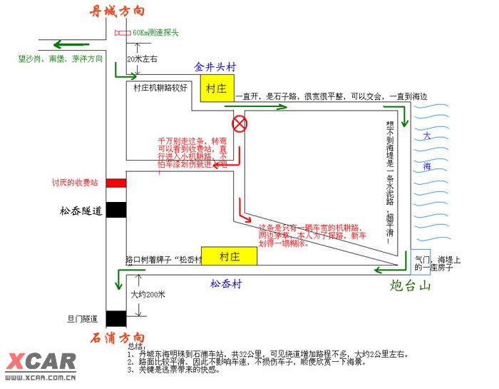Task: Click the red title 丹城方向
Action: point(118,11)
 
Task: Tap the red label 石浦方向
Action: point(118,338)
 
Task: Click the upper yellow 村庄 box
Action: point(216,89)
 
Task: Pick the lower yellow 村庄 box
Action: point(229,256)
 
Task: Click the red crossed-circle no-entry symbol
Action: point(240,124)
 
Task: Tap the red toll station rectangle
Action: point(116,183)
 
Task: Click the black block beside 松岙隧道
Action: point(116,210)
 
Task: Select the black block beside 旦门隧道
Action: point(116,318)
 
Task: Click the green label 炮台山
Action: point(413,286)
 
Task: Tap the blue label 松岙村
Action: point(226,284)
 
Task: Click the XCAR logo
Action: point(40,363)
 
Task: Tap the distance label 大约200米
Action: point(148,294)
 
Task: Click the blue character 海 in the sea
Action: point(426,166)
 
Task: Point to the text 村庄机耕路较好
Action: point(160,88)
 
